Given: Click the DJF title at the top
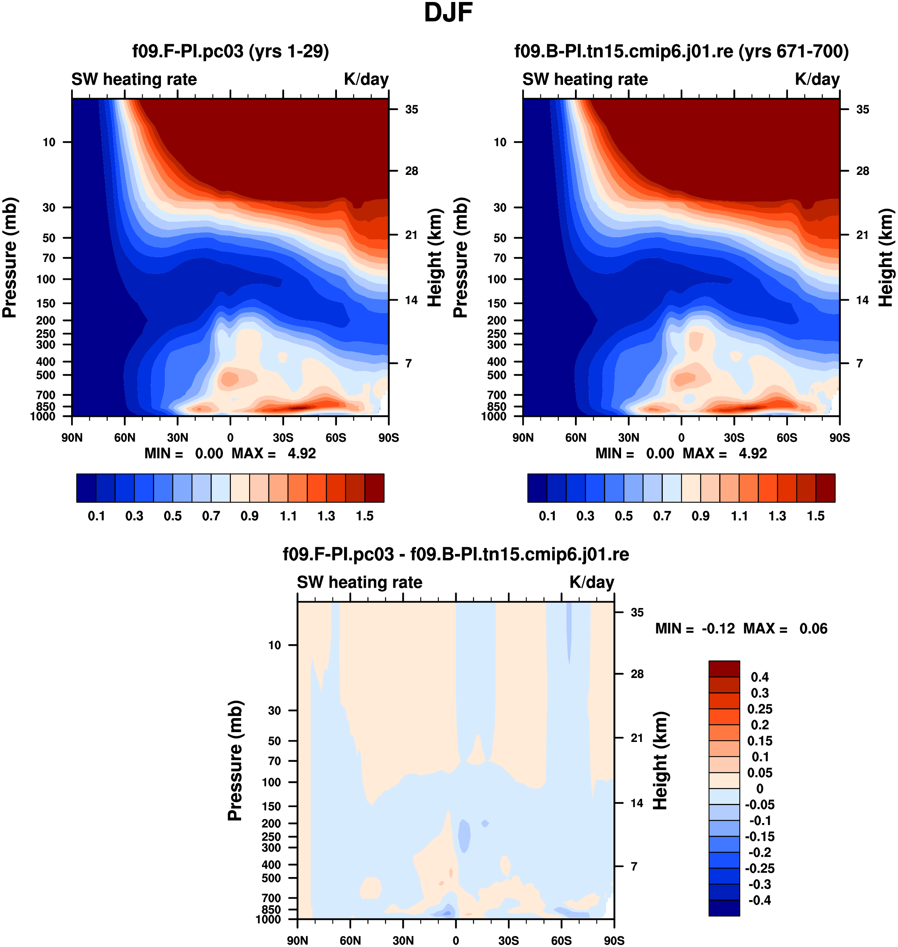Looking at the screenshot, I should pyautogui.click(x=448, y=14).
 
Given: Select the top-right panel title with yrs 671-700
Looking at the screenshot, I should pyautogui.click(x=681, y=51).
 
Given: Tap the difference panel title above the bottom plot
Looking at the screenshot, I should pyautogui.click(x=456, y=554).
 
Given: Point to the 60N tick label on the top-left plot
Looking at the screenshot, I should pyautogui.click(x=124, y=438).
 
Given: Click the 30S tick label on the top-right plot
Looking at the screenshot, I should pyautogui.click(x=734, y=438).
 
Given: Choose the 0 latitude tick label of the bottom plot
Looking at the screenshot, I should pyautogui.click(x=456, y=940).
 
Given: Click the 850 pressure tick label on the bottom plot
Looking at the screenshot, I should pyautogui.click(x=271, y=909).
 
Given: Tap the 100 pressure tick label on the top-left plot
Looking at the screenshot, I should pyautogui.click(x=46, y=279).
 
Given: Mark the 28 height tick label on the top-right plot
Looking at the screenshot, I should pyautogui.click(x=863, y=171).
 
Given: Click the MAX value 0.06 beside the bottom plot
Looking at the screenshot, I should pyautogui.click(x=813, y=629).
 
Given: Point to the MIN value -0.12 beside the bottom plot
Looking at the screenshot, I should pyautogui.click(x=718, y=629).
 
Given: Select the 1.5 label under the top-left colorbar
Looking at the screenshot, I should pyautogui.click(x=365, y=516).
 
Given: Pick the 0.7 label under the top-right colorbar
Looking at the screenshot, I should pyautogui.click(x=662, y=516).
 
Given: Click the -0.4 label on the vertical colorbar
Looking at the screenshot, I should pyautogui.click(x=760, y=901).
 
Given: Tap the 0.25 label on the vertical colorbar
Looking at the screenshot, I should pyautogui.click(x=760, y=709).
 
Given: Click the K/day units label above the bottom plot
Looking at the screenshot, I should pyautogui.click(x=592, y=582).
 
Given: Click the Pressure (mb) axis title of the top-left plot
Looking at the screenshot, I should pyautogui.click(x=10, y=258).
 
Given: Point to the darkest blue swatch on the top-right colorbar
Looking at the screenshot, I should pyautogui.click(x=537, y=488).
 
